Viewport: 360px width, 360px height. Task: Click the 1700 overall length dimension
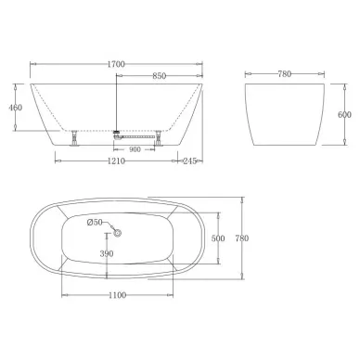[115, 65]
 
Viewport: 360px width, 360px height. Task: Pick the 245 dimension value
[191, 161]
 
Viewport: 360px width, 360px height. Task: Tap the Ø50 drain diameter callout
[94, 222]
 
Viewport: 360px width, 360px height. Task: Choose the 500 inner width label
[218, 238]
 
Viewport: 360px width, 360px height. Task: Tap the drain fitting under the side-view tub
[115, 136]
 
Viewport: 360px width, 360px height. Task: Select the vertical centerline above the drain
[114, 102]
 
